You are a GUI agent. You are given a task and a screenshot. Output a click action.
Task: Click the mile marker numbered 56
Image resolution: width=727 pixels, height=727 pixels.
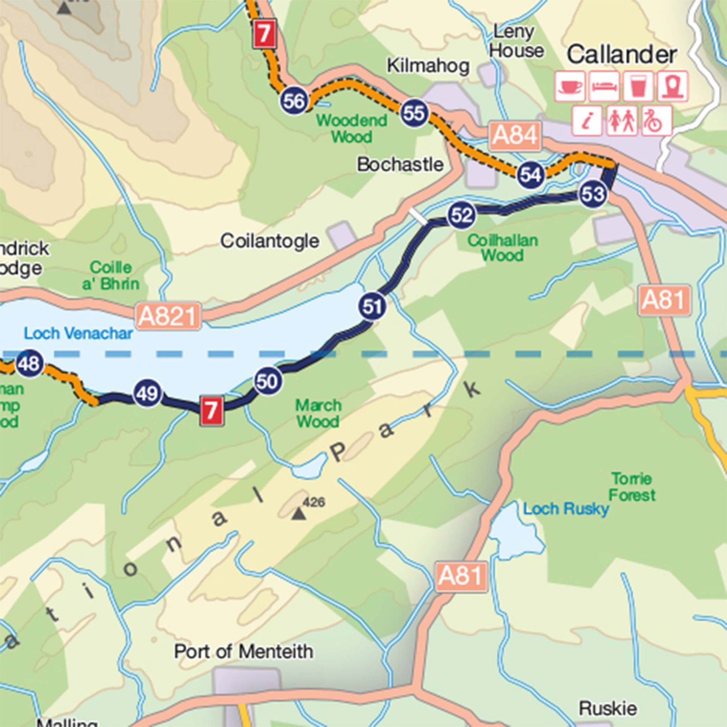[294, 101]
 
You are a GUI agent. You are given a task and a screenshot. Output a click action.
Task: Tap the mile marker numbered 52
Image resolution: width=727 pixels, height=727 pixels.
[461, 216]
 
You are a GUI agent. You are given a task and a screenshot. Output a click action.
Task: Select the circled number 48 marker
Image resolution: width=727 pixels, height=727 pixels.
[29, 364]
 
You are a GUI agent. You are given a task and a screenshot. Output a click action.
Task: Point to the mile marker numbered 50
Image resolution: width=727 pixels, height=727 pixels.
[267, 381]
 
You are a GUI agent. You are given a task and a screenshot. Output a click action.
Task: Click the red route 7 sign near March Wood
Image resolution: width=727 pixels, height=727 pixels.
[212, 411]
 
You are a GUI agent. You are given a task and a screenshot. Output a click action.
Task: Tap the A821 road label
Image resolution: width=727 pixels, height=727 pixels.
[168, 316]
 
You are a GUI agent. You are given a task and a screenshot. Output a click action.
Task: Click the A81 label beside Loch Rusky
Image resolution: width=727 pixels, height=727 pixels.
[461, 576]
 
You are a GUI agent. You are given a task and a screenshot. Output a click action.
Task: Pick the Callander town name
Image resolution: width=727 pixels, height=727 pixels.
[621, 55]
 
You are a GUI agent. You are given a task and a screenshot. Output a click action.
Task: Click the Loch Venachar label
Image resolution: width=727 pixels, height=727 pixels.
[78, 334]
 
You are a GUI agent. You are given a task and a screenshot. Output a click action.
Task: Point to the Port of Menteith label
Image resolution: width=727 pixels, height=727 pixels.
[244, 651]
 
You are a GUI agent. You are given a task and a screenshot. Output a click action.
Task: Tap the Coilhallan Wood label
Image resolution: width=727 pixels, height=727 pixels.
[502, 248]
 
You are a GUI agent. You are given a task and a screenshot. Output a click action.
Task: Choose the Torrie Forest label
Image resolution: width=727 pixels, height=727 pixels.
[632, 487]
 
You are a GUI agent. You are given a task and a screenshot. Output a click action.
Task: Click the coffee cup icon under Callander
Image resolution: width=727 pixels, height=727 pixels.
[569, 86]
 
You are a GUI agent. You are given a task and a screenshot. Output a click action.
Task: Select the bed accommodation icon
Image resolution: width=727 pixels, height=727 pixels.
[604, 86]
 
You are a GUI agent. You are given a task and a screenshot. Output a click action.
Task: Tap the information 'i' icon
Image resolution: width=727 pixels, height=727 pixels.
[587, 120]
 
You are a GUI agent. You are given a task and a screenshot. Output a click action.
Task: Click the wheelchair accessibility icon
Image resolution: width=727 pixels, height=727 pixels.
[656, 120]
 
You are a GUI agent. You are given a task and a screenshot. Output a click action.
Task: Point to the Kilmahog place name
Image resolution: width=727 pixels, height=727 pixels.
[428, 66]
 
